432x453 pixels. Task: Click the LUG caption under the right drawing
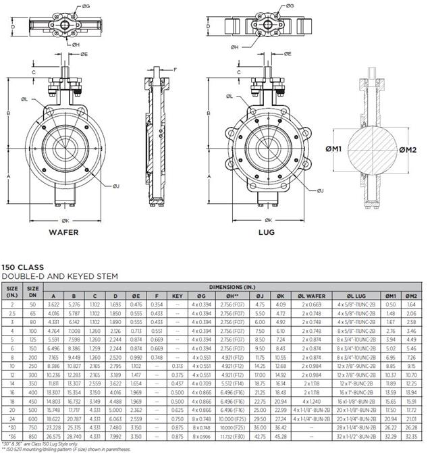point(267,232)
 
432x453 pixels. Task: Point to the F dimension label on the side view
point(175,70)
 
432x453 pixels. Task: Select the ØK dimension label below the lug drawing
point(268,220)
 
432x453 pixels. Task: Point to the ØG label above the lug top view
point(290,5)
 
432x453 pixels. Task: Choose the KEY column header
point(177,296)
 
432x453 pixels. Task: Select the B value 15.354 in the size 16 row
point(74,392)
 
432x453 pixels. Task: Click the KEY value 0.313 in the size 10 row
point(177,365)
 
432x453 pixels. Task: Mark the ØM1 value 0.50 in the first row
point(390,304)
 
